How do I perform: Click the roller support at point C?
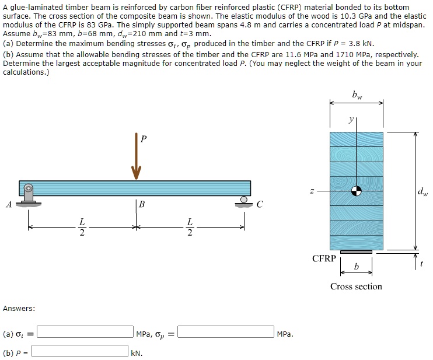coord(243,202)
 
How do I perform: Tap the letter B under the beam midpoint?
coord(142,205)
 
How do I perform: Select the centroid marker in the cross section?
coord(356,191)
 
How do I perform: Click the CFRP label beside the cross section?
coord(324,258)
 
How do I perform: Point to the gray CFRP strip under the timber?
coord(356,252)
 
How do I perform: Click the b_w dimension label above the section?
coord(357,95)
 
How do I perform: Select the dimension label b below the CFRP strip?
coord(357,267)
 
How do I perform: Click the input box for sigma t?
coord(85,333)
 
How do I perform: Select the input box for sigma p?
coord(226,333)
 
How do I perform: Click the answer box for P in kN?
coord(80,351)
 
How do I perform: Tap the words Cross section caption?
coord(356,286)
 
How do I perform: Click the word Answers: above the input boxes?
coord(19,308)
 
